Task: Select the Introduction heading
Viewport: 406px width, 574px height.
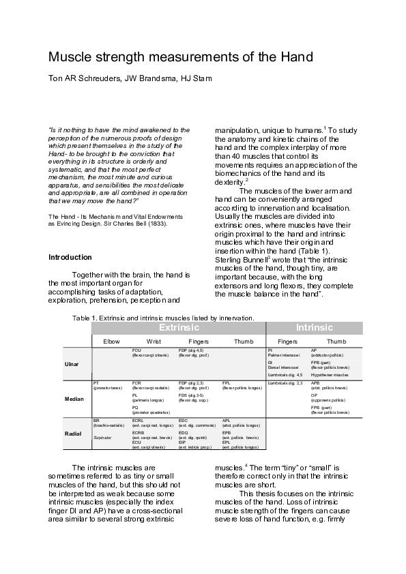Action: pos(70,257)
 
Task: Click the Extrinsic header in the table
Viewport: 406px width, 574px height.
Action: pos(179,327)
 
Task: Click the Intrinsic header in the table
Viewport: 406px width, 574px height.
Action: pos(315,327)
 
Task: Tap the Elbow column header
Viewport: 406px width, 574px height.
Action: pos(111,341)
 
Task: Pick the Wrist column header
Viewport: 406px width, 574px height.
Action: pos(154,341)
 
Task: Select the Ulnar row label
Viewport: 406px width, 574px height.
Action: pos(72,365)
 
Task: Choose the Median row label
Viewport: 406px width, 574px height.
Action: pos(73,399)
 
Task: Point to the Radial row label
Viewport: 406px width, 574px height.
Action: pos(73,433)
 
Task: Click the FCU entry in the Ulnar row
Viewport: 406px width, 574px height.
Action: pos(136,350)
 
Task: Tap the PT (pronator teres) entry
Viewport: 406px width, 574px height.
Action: pos(96,384)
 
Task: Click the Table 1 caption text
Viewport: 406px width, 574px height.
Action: pos(163,317)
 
